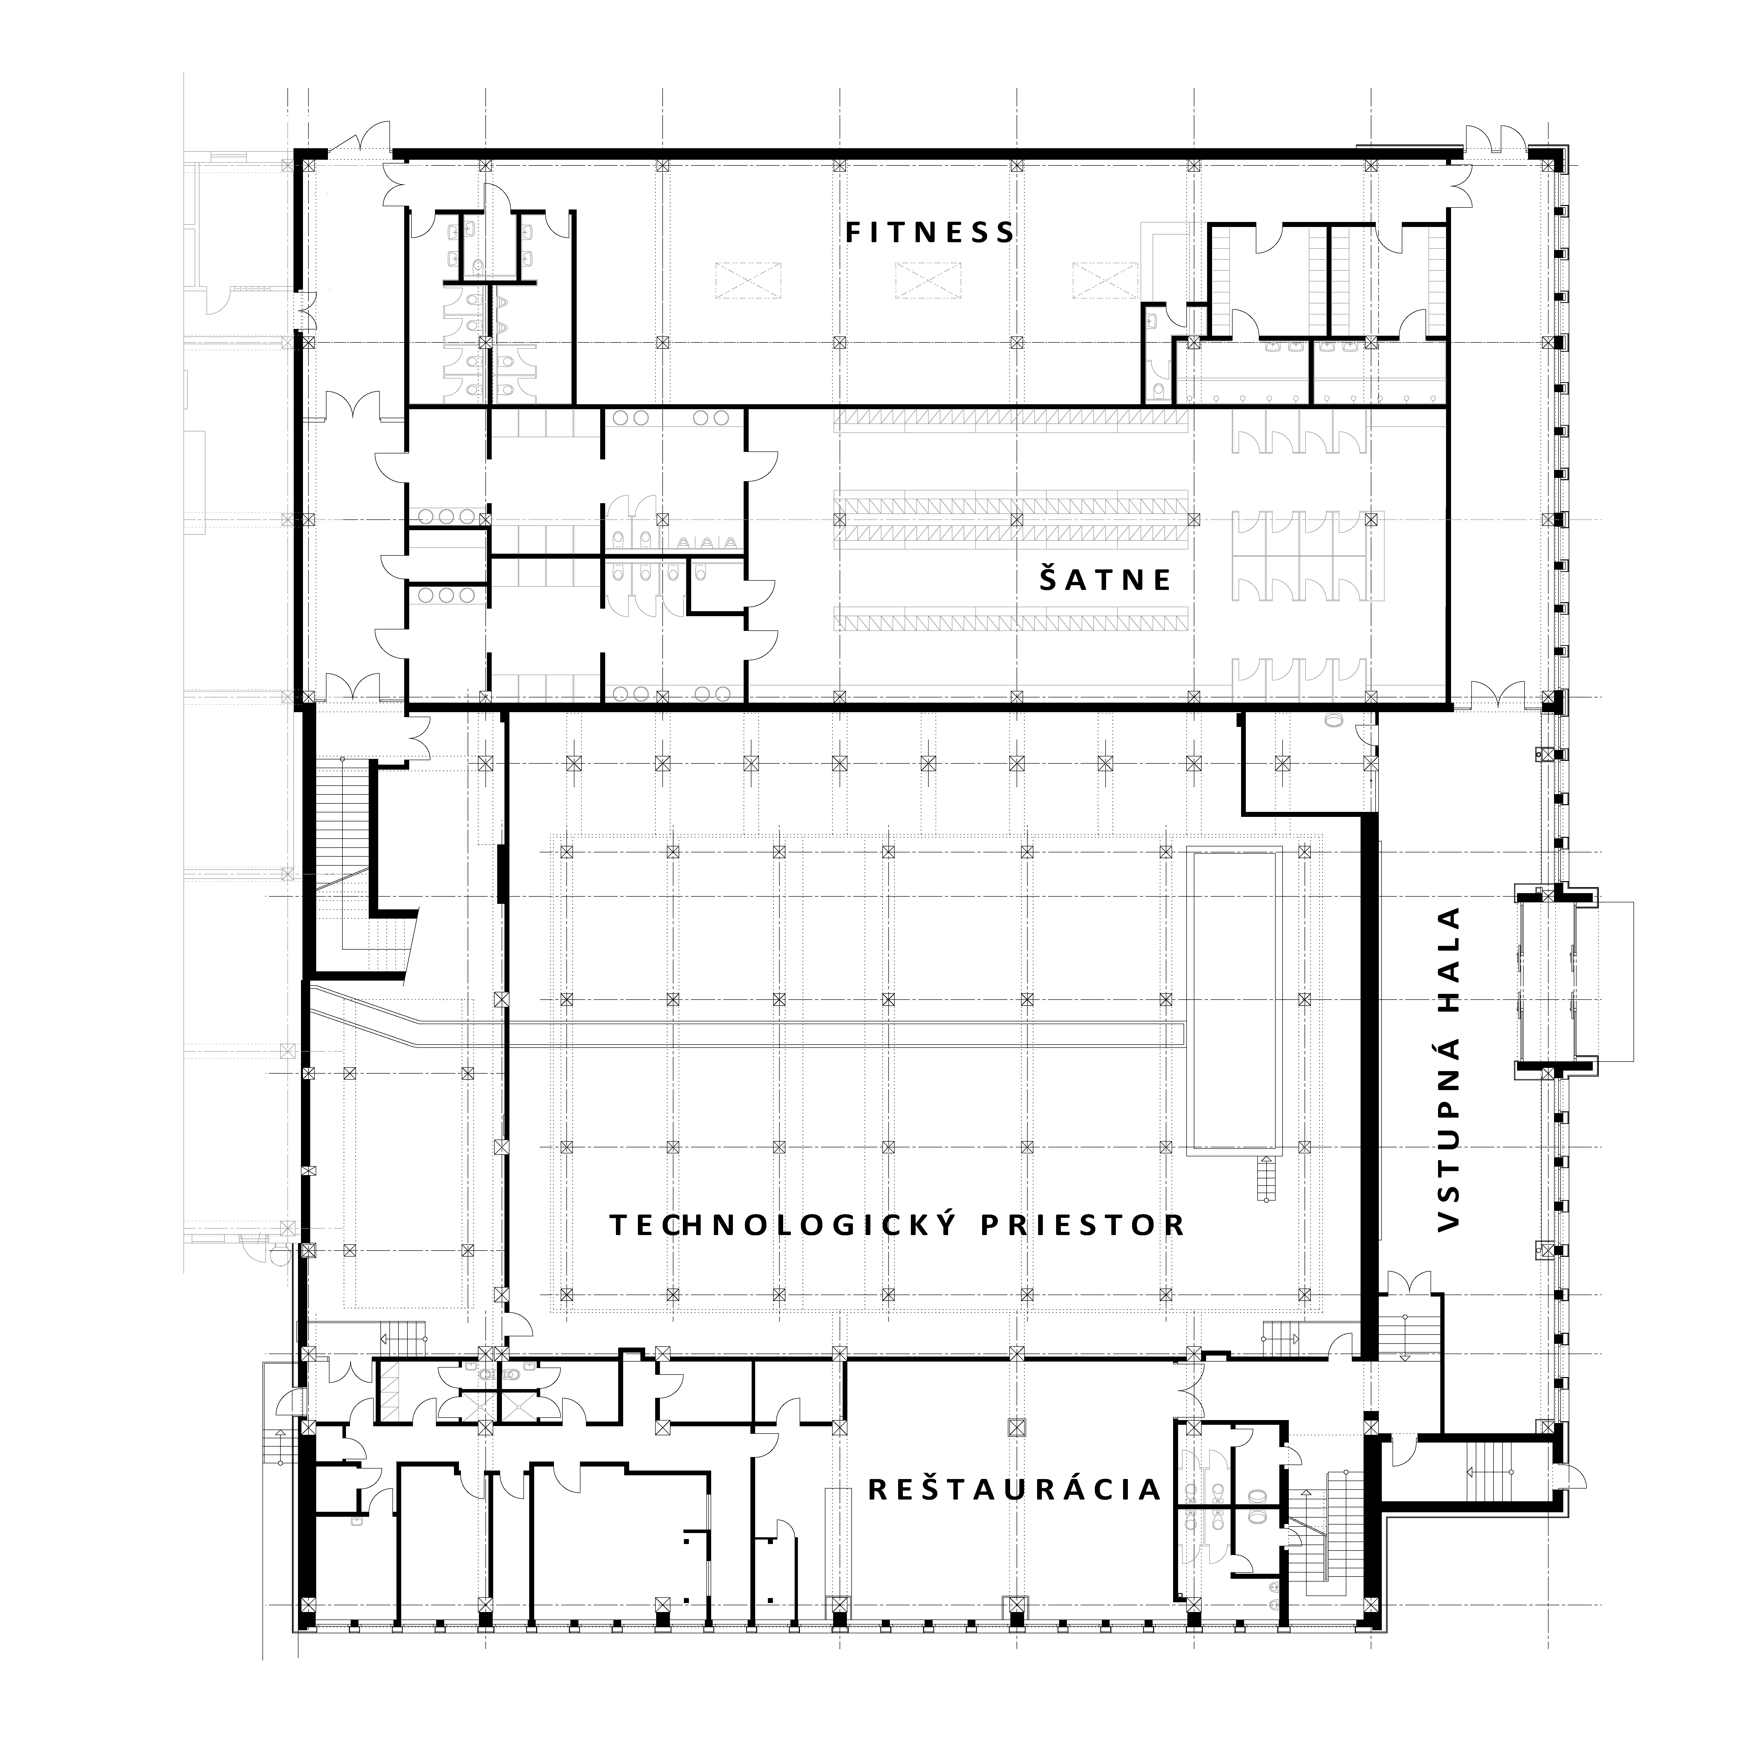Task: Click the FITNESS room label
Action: [930, 232]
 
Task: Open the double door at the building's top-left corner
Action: [360, 138]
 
